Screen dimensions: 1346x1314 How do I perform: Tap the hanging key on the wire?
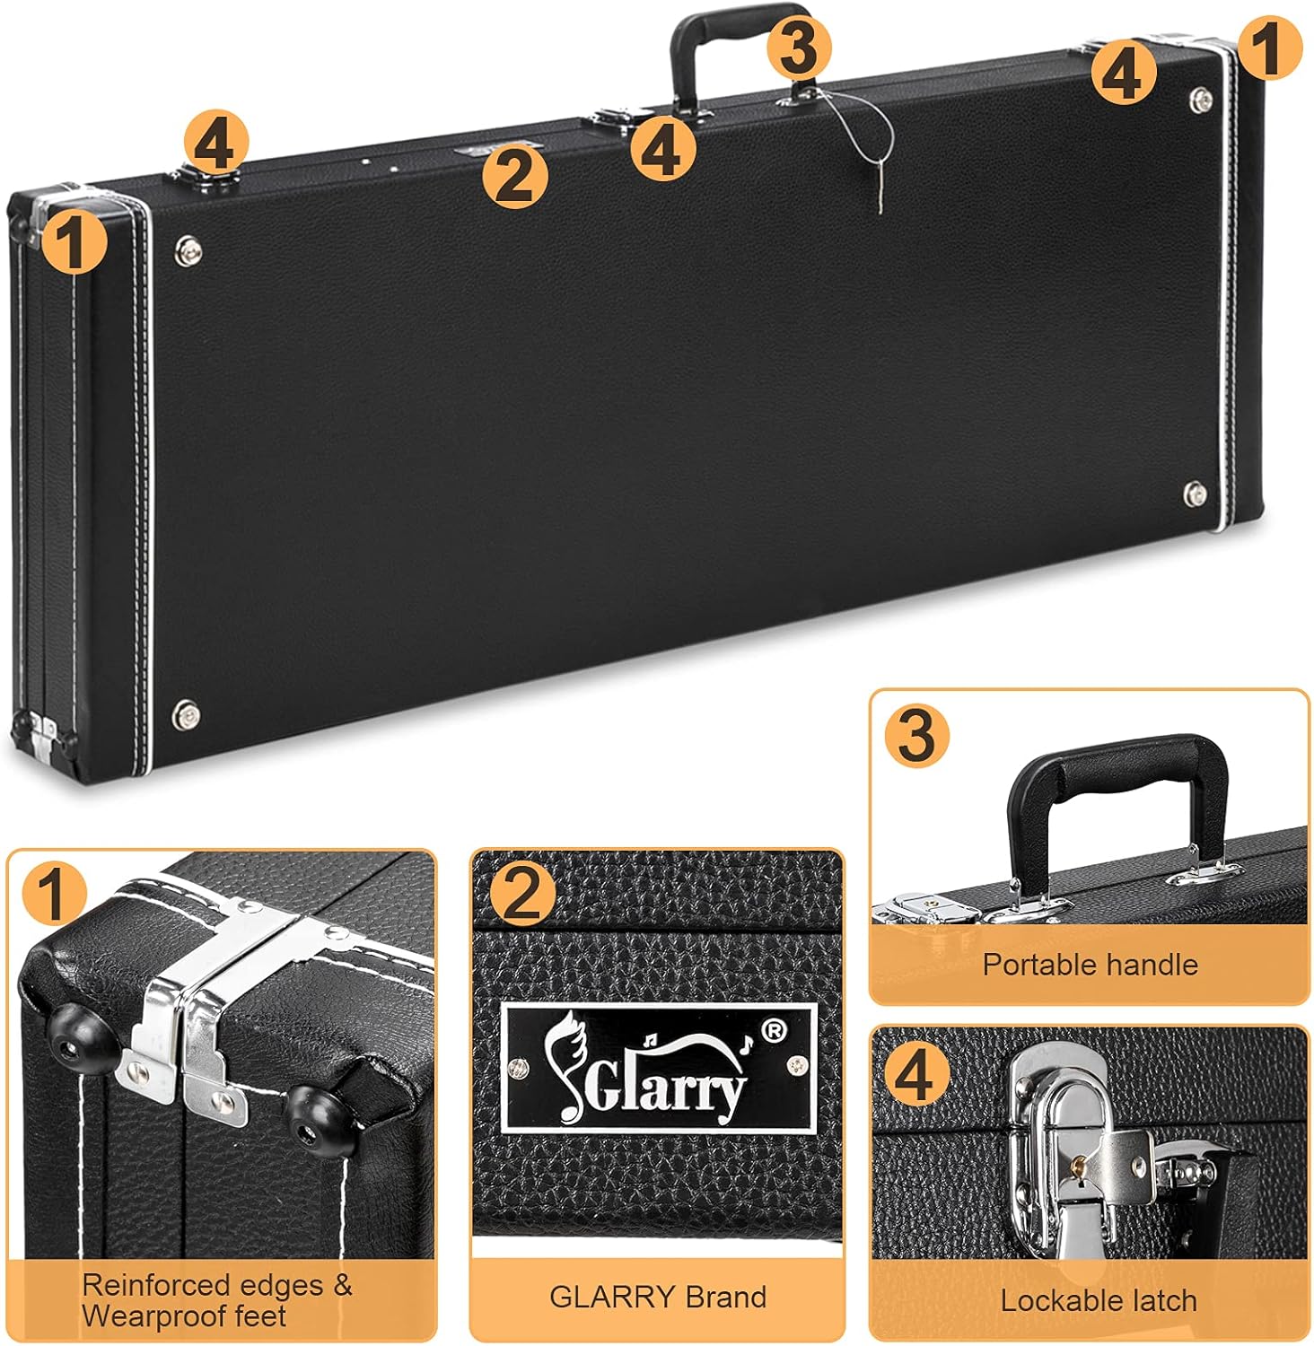[881, 193]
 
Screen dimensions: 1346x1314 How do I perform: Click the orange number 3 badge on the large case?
[799, 48]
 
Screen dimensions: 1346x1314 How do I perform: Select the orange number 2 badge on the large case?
[515, 176]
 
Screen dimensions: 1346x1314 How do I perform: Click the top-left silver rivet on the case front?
[189, 250]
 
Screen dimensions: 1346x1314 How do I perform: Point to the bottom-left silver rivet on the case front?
[187, 714]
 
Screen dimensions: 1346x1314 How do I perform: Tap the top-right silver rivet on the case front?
[1201, 101]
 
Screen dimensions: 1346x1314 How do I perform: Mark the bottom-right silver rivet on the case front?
[1195, 494]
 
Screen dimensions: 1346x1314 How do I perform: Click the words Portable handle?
[1090, 965]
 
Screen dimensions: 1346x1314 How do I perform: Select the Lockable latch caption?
[1099, 1300]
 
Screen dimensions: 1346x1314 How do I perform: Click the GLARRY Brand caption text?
[657, 1297]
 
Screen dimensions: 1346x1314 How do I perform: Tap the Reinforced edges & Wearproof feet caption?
[216, 1300]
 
